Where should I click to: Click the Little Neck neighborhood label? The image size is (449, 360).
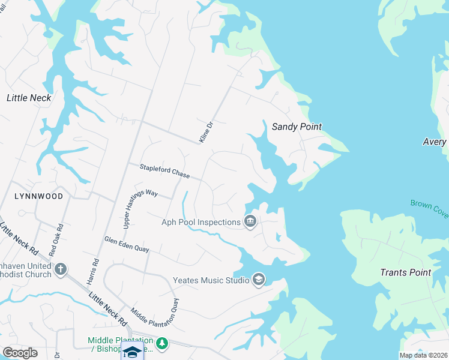(28, 97)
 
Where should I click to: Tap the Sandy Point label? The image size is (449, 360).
(297, 127)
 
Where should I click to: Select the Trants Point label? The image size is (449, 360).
(406, 272)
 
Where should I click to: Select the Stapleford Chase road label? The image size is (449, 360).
(164, 172)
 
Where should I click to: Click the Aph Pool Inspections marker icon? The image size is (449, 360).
(250, 223)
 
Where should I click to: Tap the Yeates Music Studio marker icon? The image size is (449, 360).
(259, 280)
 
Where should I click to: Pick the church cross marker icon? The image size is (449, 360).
(60, 269)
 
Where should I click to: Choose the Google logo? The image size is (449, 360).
(20, 353)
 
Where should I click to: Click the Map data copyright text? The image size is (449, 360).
(423, 355)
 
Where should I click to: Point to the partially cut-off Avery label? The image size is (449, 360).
(435, 142)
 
